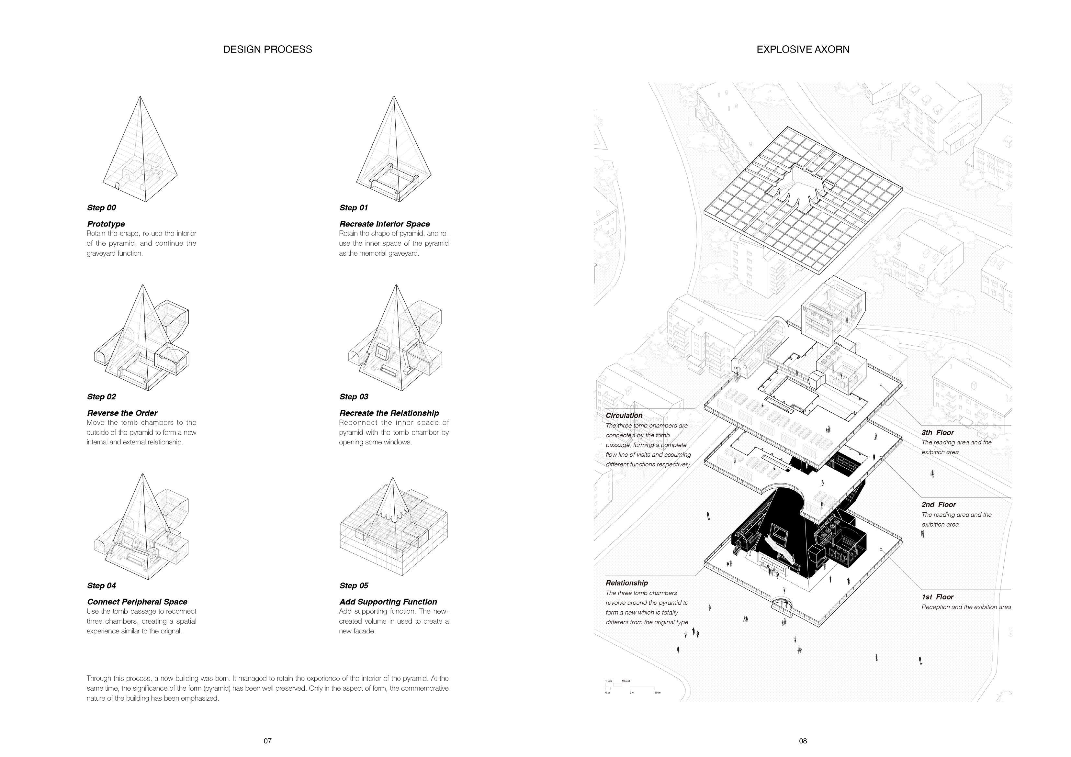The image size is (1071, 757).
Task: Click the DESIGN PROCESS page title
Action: [x=267, y=50]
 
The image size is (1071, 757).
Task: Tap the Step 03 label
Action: [x=354, y=397]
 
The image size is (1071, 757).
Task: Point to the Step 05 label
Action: [x=354, y=586]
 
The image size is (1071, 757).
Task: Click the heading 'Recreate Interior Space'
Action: [x=384, y=224]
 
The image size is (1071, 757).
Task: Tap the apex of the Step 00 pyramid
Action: [x=141, y=96]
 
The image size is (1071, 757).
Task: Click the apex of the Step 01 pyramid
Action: [x=394, y=96]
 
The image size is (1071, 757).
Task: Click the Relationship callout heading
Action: [x=626, y=583]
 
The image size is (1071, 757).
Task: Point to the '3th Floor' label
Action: [x=938, y=433]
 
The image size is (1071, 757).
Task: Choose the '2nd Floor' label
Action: [x=939, y=505]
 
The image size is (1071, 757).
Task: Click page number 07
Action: [x=267, y=741]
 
